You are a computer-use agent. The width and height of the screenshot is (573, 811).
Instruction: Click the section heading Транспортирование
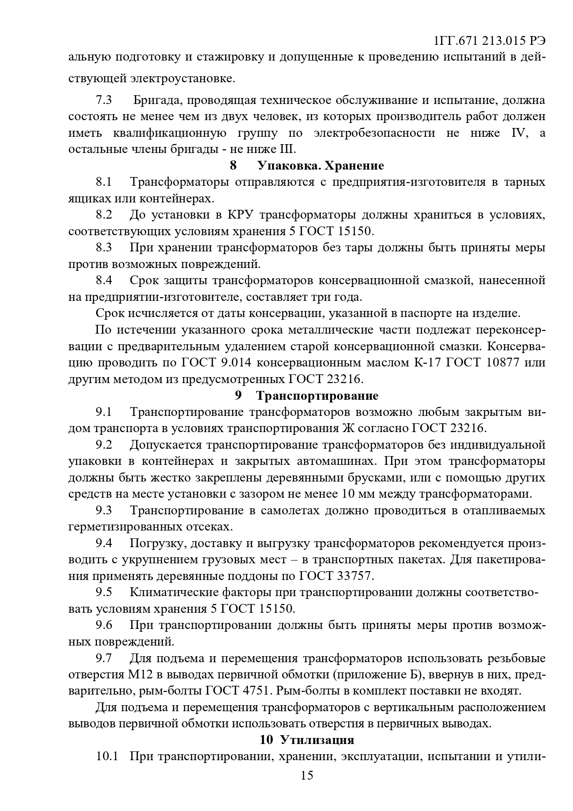pos(317,396)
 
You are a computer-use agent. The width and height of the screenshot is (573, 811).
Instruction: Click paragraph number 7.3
pos(104,100)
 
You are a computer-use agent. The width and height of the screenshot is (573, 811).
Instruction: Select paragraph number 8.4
pos(104,280)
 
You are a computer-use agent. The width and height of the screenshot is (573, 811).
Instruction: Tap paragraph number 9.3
pos(104,510)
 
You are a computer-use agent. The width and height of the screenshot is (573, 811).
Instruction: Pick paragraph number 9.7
pos(104,658)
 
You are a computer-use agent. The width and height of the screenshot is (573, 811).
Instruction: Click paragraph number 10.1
pos(107,756)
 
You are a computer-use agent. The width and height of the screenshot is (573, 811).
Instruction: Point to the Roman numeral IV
pos(518,133)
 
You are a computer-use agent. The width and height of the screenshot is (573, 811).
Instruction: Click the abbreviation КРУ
pos(239,215)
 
